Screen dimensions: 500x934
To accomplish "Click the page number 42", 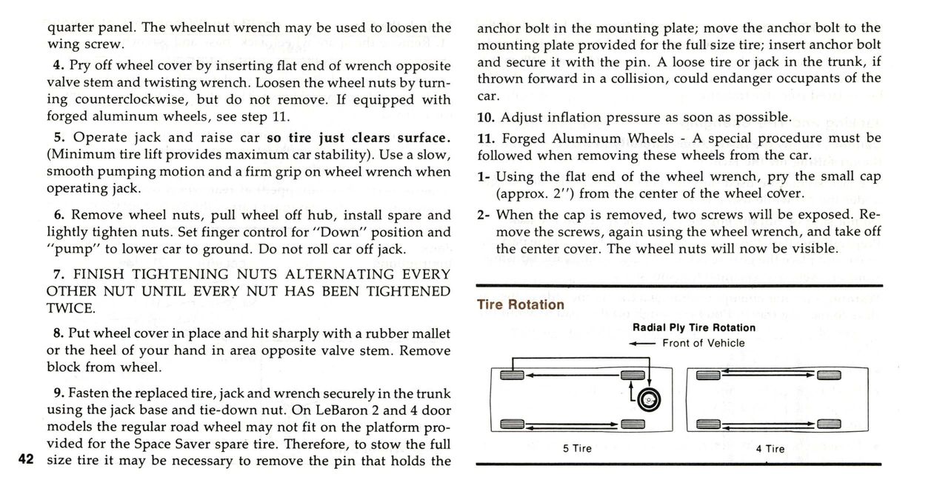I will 25,460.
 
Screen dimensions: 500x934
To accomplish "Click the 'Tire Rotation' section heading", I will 520,304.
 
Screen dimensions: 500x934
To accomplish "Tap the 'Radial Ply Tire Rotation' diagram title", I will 694,327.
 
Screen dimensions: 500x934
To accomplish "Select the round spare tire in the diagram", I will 650,400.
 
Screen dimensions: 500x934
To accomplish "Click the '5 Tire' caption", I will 576,448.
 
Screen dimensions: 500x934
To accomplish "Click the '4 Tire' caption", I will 770,448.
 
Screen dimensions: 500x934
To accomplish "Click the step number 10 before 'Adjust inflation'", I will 486,117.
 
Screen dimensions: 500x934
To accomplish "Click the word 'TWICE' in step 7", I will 70,308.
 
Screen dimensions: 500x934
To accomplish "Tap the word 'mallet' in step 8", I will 432,334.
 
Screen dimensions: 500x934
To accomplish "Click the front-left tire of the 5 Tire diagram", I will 512,375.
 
